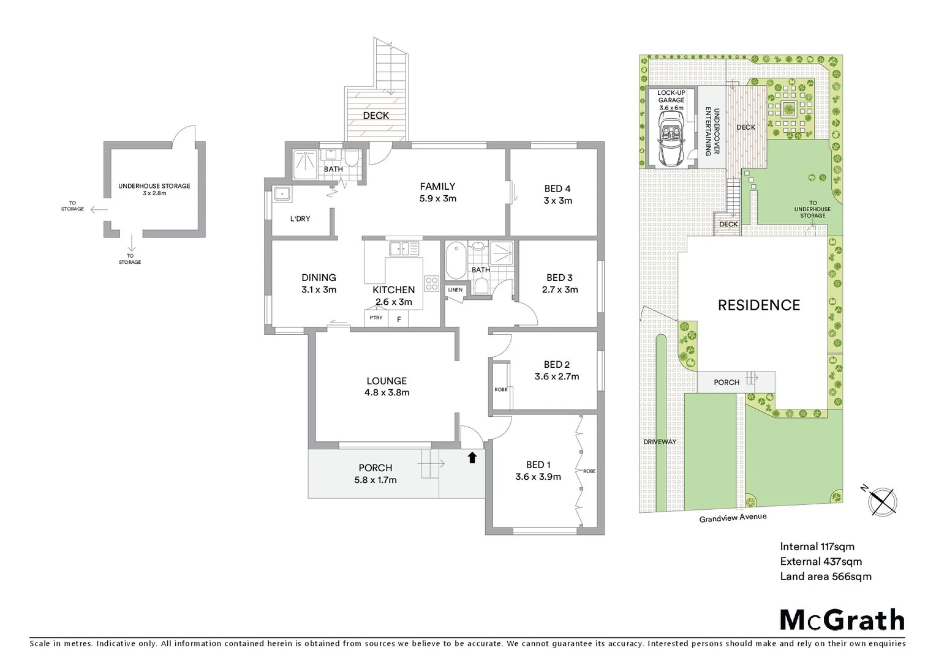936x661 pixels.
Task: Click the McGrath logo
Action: pyautogui.click(x=842, y=620)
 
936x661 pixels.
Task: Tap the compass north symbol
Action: pyautogui.click(x=883, y=501)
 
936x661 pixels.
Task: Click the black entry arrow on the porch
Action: pyautogui.click(x=472, y=457)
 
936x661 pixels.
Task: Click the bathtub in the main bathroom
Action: pyautogui.click(x=455, y=261)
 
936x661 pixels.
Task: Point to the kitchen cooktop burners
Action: pyautogui.click(x=432, y=283)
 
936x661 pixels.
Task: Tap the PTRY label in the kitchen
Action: pyautogui.click(x=376, y=318)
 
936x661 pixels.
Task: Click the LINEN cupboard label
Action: pyautogui.click(x=455, y=290)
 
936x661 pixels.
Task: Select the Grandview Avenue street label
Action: pyautogui.click(x=733, y=518)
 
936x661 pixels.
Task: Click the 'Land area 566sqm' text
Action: pyautogui.click(x=825, y=576)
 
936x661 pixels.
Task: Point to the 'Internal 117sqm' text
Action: pyautogui.click(x=817, y=547)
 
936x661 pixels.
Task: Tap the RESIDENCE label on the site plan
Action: pyautogui.click(x=758, y=305)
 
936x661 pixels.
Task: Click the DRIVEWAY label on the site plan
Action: pyautogui.click(x=660, y=442)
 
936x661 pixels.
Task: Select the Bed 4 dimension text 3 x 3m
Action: pyautogui.click(x=557, y=201)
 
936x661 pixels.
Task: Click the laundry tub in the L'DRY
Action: pyautogui.click(x=282, y=194)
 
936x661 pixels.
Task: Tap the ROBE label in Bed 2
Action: pyautogui.click(x=500, y=389)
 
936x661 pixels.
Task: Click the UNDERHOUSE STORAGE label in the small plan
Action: pyautogui.click(x=154, y=186)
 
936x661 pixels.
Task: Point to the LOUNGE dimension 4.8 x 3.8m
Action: pyautogui.click(x=387, y=393)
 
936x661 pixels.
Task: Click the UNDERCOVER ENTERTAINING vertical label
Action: pyautogui.click(x=712, y=131)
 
